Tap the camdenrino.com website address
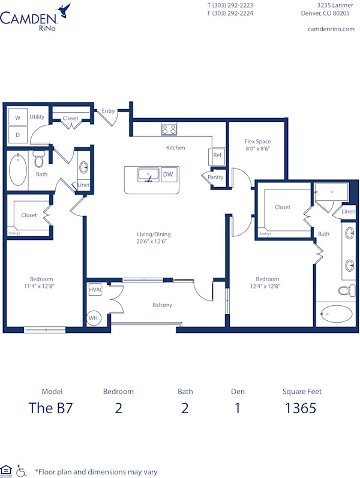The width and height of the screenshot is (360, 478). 330,29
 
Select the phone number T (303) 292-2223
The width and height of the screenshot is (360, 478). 230,5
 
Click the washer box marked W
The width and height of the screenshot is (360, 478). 17,118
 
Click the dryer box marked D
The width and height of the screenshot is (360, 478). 17,135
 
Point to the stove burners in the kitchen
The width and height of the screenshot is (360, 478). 169,129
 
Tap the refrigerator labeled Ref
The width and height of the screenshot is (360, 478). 217,155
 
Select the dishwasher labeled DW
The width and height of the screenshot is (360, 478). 169,175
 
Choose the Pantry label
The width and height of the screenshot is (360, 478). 215,178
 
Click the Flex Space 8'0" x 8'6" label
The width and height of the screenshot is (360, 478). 258,145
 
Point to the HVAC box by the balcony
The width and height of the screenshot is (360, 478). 96,290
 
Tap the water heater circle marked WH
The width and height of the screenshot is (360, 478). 94,318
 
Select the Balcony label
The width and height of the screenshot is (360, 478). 162,305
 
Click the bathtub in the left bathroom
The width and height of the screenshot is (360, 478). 17,170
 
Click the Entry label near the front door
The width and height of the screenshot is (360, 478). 109,111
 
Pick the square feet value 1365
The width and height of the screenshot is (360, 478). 302,408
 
